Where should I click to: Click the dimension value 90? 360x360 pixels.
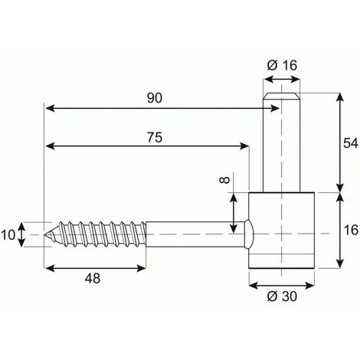pyautogui.click(x=155, y=98)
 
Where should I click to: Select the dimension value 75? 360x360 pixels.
pyautogui.click(x=155, y=137)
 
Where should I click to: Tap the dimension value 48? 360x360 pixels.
pyautogui.click(x=93, y=278)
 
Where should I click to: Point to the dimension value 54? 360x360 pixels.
pyautogui.click(x=351, y=143)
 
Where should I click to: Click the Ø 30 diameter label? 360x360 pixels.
pyautogui.click(x=282, y=296)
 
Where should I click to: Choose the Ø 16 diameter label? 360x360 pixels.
pyautogui.click(x=282, y=65)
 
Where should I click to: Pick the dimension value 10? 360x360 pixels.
pyautogui.click(x=8, y=235)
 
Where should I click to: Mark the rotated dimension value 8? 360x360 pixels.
pyautogui.click(x=224, y=180)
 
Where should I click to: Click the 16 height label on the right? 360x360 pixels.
pyautogui.click(x=351, y=230)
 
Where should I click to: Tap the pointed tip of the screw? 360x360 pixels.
pyautogui.click(x=45, y=234)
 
